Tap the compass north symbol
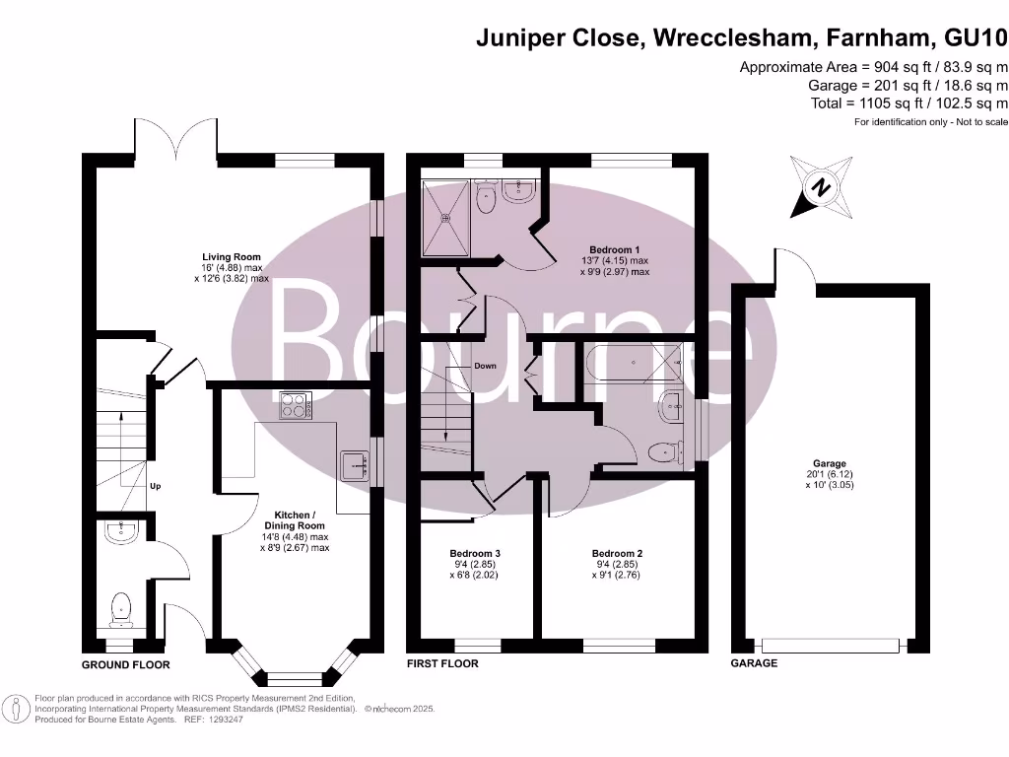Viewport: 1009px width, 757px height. tap(820, 185)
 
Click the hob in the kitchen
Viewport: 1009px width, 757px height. tap(296, 404)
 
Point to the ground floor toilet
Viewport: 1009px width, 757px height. tap(121, 607)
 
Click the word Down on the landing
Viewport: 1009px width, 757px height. tap(485, 366)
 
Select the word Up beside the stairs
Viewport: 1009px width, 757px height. tap(156, 486)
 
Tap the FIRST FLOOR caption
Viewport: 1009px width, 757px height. tap(442, 664)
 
